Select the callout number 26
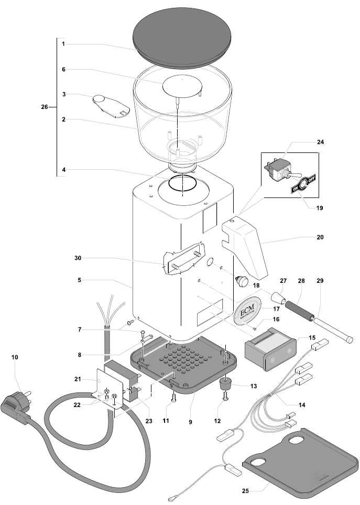tap(45, 107)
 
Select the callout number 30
tap(77, 258)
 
